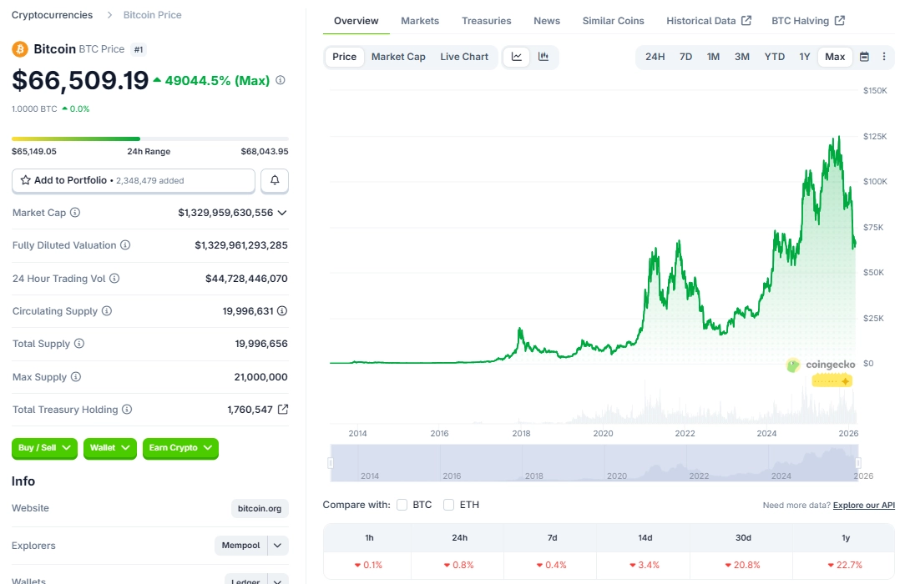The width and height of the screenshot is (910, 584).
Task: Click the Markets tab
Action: click(x=419, y=21)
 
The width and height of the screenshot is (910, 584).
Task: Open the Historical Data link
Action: click(x=708, y=21)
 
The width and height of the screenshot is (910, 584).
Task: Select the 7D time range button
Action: click(x=685, y=57)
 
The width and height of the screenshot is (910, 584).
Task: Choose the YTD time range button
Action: click(x=774, y=57)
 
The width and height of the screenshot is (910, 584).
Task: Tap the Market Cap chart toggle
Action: click(x=398, y=57)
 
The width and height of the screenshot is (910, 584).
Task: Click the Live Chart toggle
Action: click(x=464, y=57)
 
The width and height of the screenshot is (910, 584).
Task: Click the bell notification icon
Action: click(x=275, y=180)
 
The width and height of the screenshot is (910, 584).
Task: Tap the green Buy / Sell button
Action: click(x=44, y=448)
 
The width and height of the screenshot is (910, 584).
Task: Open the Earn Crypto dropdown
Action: click(x=180, y=448)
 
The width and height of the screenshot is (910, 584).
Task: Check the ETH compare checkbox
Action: click(x=449, y=505)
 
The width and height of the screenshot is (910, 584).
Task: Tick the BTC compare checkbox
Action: click(x=402, y=505)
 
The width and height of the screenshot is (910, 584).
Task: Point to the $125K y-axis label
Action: click(x=875, y=136)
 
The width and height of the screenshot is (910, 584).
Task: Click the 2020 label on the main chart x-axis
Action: click(x=603, y=434)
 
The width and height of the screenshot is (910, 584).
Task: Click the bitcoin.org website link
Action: click(x=260, y=508)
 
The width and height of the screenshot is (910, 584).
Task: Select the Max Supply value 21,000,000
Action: click(x=260, y=377)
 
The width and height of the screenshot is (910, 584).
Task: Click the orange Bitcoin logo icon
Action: click(x=20, y=49)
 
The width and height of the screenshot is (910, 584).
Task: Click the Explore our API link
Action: click(x=863, y=506)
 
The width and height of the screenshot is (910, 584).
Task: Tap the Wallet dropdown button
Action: click(x=109, y=448)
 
